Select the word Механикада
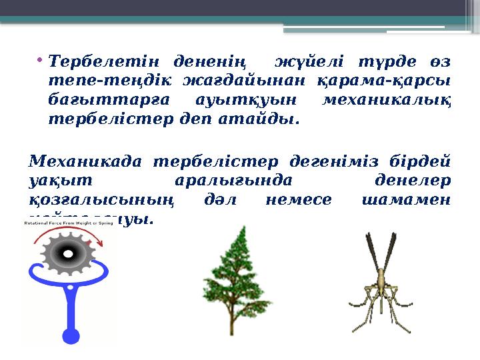84,162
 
